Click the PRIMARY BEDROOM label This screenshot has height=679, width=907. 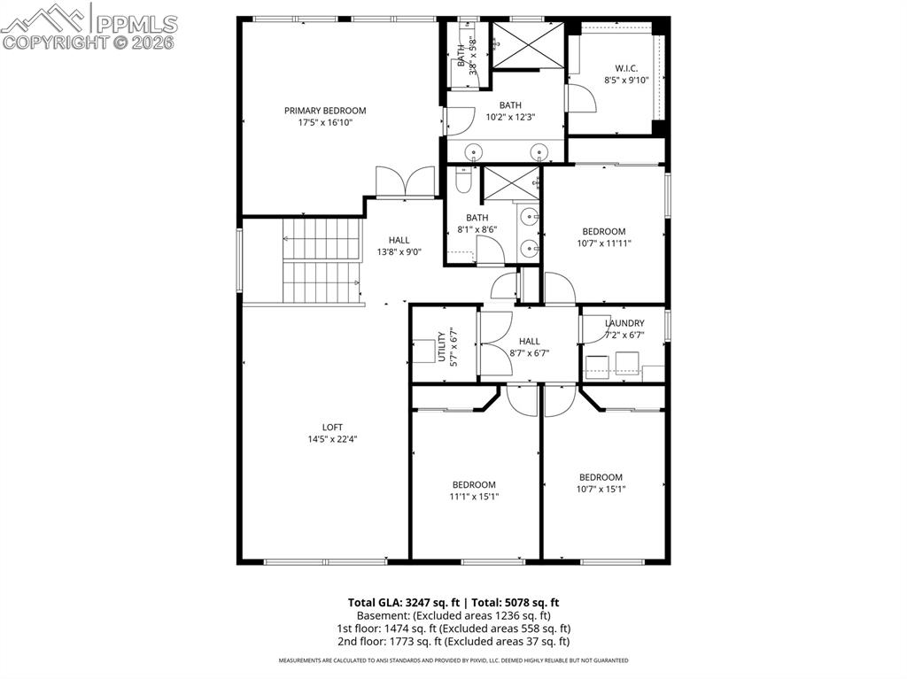click(x=324, y=111)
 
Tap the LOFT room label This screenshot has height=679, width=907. click(x=332, y=427)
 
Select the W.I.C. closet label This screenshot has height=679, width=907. click(x=626, y=68)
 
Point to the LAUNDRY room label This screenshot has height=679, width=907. click(x=624, y=323)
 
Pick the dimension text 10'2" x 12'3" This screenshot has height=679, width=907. click(x=510, y=117)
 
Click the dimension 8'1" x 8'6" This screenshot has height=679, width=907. click(x=477, y=229)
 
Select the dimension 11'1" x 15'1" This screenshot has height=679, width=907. click(x=474, y=497)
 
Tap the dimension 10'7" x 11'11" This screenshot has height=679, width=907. click(x=603, y=243)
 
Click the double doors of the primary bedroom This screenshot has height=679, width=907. click(x=405, y=182)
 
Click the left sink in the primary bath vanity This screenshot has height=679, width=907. click(x=475, y=152)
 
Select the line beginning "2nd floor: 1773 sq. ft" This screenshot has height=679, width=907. click(x=453, y=642)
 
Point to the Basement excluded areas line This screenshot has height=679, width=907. click(x=453, y=615)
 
